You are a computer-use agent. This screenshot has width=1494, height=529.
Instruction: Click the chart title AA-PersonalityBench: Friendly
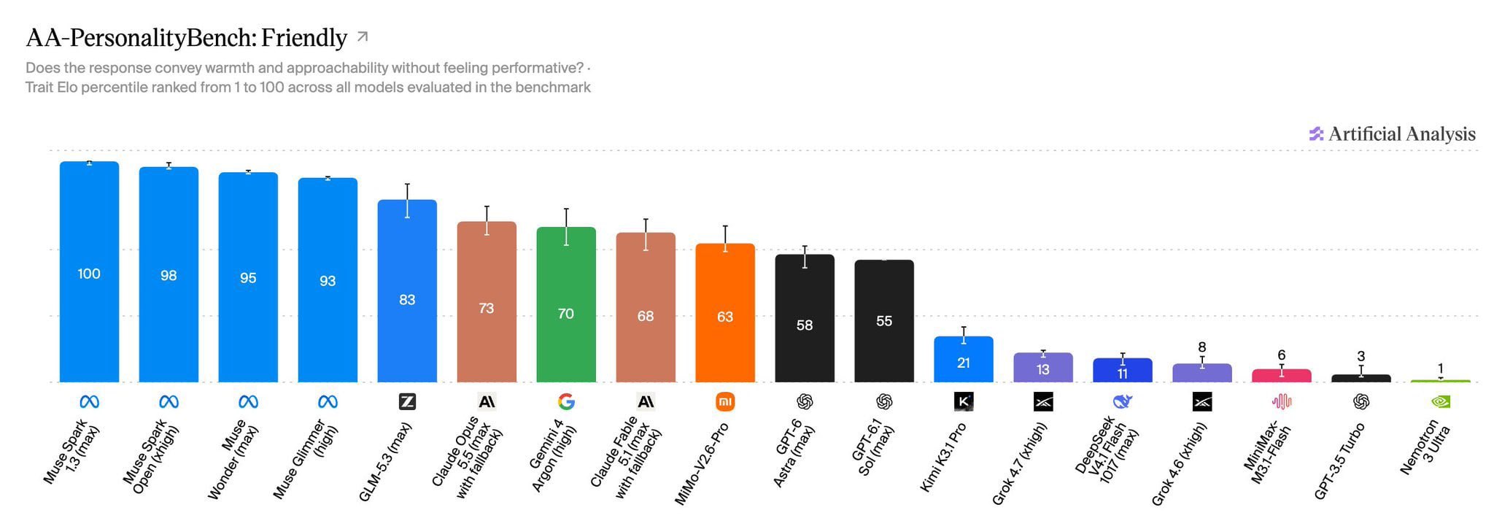[x=186, y=38]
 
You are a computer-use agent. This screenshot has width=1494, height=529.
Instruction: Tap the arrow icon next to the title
[x=363, y=36]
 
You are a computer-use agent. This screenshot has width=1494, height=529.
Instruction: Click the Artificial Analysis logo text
[x=1401, y=134]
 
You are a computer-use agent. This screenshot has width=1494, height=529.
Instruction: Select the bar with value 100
[x=89, y=271]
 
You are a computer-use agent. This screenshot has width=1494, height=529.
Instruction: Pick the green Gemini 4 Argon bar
[x=566, y=304]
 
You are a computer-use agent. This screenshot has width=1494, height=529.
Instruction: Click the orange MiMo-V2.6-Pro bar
[x=725, y=312]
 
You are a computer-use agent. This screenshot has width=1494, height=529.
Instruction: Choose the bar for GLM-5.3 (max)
[x=407, y=290]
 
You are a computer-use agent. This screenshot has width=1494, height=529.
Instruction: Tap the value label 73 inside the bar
[x=487, y=308]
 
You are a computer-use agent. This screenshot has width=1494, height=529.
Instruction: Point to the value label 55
[x=884, y=321]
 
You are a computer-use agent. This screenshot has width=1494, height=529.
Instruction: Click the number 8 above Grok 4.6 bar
[x=1202, y=347]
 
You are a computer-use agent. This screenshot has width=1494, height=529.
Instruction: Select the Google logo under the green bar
[x=566, y=401]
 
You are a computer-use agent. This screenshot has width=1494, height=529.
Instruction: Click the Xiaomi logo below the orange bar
[x=725, y=401]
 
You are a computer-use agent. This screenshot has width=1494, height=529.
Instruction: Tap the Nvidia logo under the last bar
[x=1441, y=401]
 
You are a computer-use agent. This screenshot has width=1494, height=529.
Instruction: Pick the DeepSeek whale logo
[x=1123, y=401]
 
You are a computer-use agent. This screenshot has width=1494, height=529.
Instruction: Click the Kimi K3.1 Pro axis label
[x=943, y=457]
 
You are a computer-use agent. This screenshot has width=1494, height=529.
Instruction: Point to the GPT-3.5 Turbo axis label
[x=1339, y=461]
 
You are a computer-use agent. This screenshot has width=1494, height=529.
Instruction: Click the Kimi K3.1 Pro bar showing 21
[x=964, y=359]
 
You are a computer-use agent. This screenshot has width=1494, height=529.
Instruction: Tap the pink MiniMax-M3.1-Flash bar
[x=1282, y=376]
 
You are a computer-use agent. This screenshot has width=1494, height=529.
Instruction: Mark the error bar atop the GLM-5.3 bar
[x=407, y=201]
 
